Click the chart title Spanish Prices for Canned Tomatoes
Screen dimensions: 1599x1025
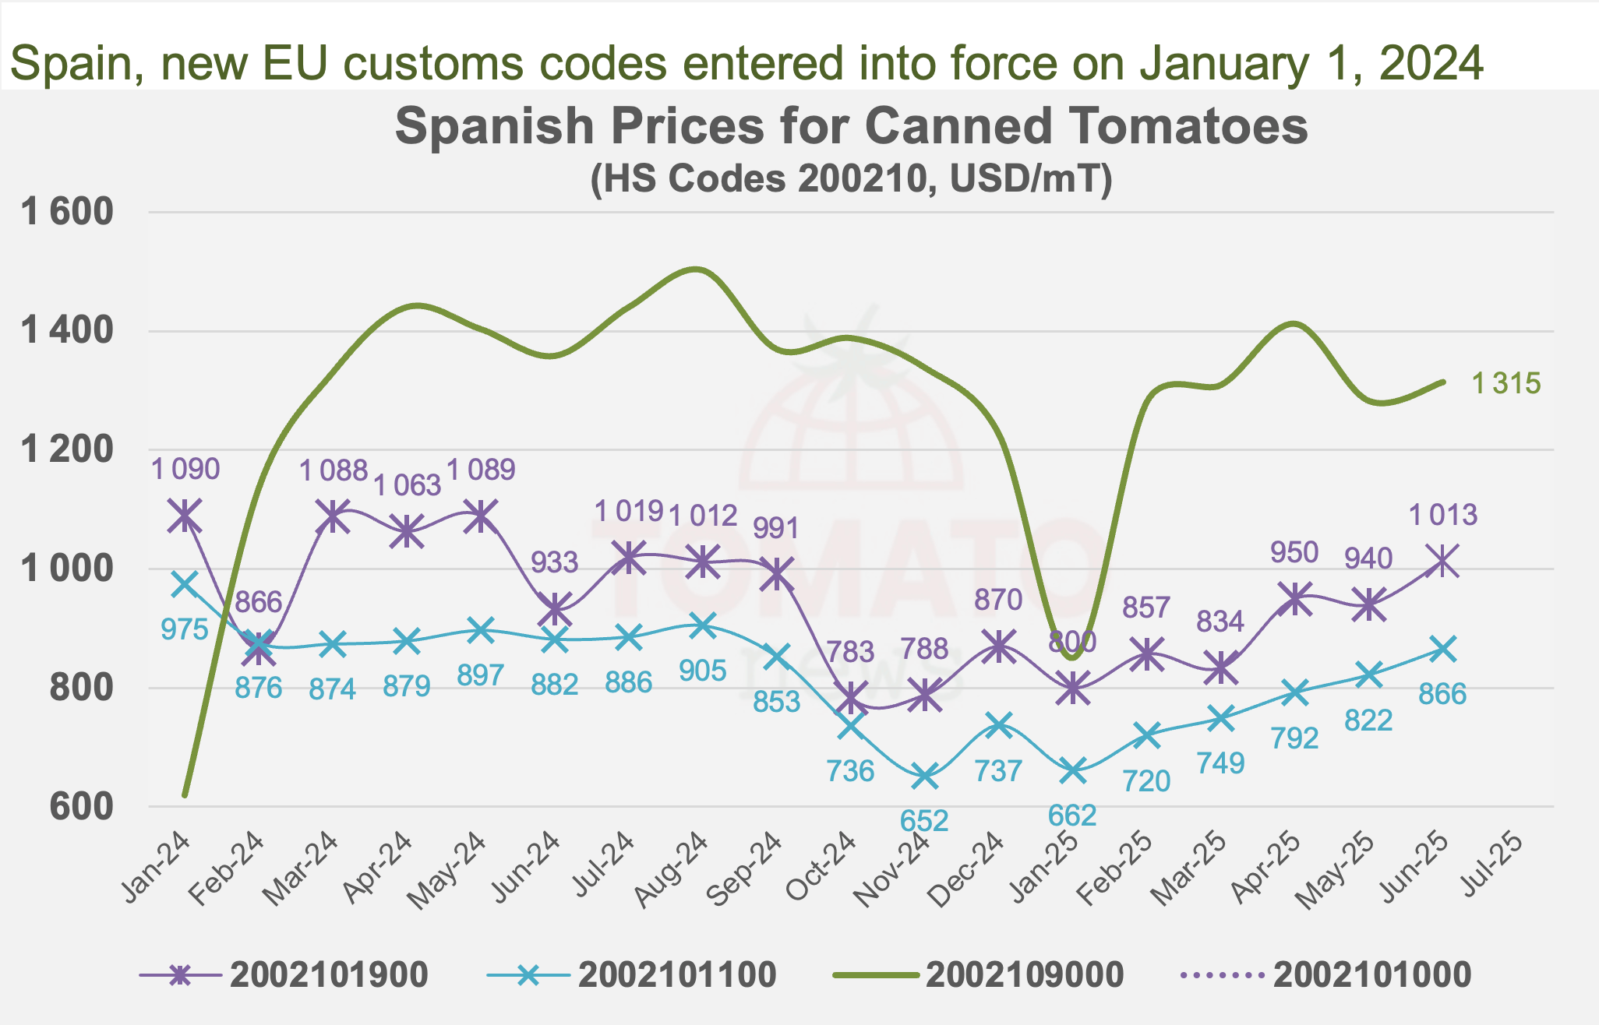point(851,126)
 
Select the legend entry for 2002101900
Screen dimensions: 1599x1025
point(284,974)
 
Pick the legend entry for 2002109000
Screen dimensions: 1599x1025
point(978,974)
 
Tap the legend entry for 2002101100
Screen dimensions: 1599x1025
point(631,974)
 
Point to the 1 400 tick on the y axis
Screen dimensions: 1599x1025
point(68,331)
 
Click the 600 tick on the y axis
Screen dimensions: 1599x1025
point(81,807)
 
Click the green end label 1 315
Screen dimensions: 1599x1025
point(1505,383)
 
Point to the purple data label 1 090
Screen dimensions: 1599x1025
point(185,469)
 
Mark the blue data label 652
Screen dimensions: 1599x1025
point(924,821)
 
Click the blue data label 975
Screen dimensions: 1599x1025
point(185,629)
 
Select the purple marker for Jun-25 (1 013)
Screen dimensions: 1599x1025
point(1443,561)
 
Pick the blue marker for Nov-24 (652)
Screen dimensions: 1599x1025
point(925,777)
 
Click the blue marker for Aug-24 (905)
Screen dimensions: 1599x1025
point(703,625)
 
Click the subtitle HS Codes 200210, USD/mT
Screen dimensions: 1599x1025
point(851,179)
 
